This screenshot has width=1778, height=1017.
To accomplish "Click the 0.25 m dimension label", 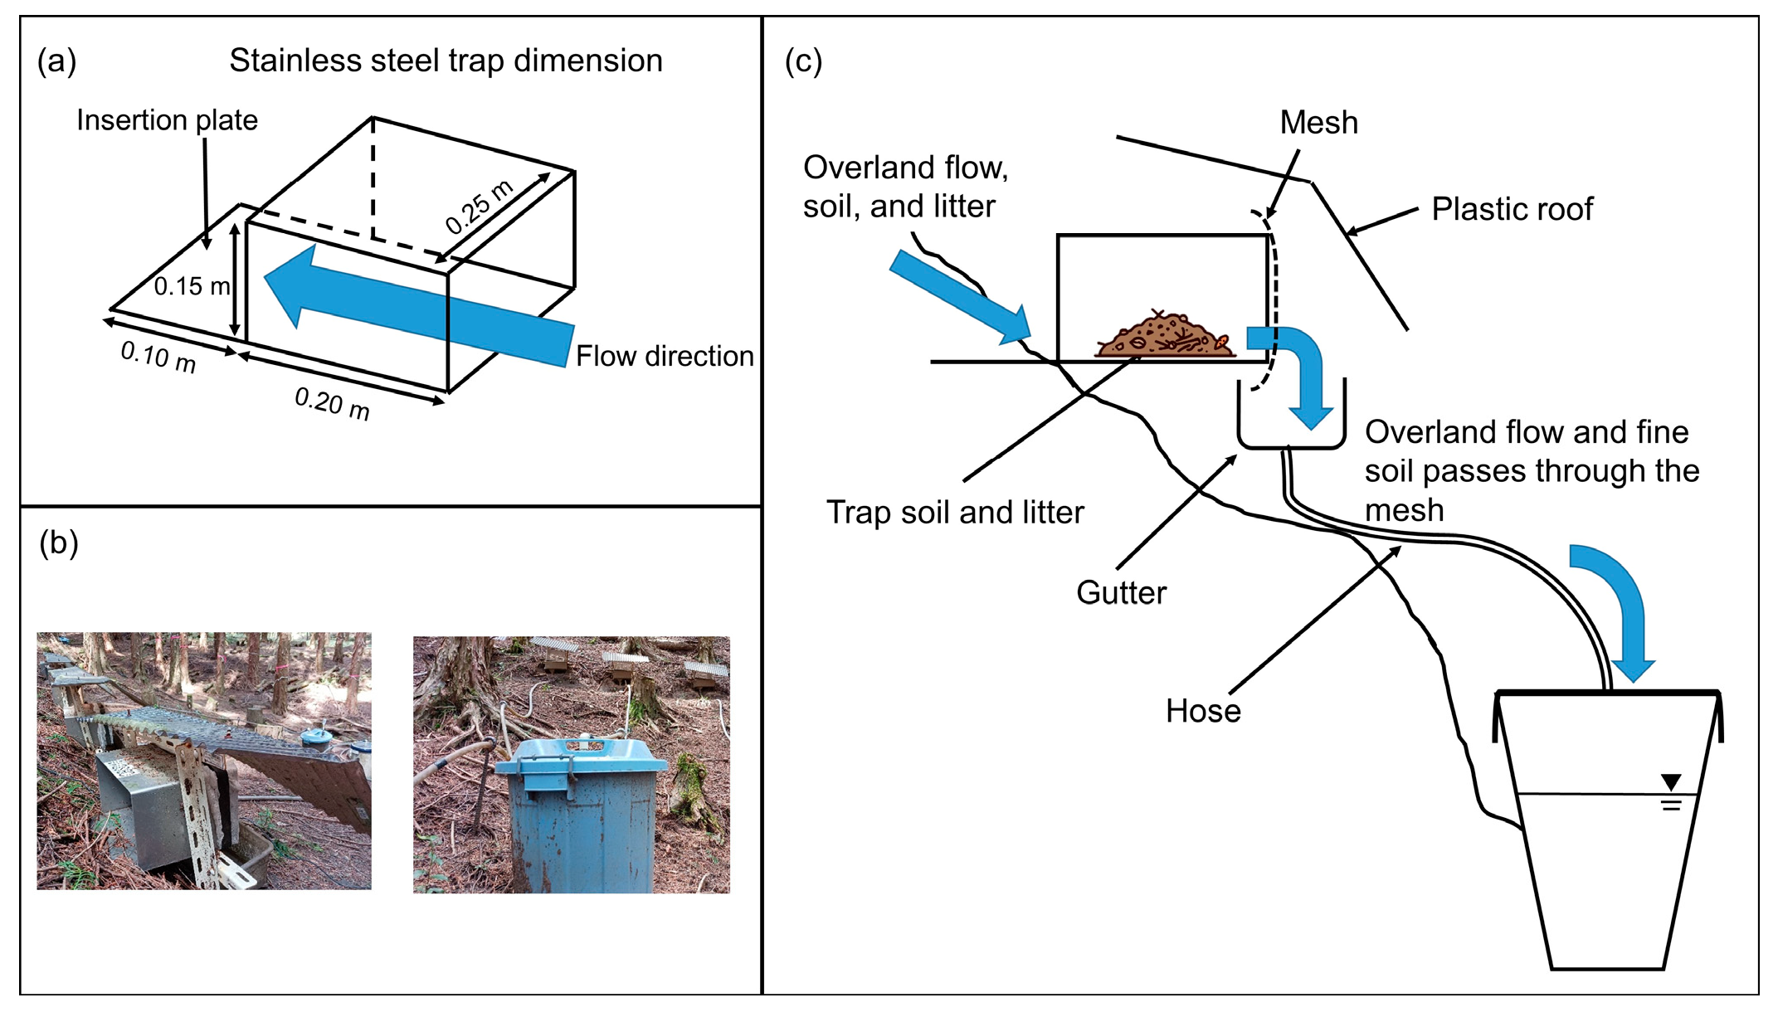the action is coord(480,207).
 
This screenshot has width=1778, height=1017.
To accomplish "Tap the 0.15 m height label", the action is coord(192,286).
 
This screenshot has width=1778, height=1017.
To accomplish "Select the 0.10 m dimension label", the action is coord(158,357).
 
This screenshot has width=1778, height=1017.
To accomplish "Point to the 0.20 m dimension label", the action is coord(333,403).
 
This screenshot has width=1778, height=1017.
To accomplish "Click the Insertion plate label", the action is coord(167,120).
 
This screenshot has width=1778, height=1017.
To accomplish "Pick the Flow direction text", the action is coord(665,356).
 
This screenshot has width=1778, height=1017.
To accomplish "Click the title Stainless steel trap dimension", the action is coord(446,61).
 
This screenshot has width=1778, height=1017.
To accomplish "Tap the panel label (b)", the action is coord(59,543).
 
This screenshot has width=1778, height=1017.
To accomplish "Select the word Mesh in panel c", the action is coord(1318,123).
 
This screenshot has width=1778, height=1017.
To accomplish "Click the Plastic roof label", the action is coord(1512,209).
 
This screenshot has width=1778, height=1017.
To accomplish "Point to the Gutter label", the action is coord(1121,592).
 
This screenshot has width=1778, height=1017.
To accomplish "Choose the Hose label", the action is coord(1203,711).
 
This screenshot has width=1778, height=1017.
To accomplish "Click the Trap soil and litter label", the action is coord(955,512).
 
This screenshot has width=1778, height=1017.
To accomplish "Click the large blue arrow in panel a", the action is coord(419,305).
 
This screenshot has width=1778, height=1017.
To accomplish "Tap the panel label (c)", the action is coord(803,61).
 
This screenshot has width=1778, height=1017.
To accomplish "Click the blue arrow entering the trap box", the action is coord(960,298).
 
